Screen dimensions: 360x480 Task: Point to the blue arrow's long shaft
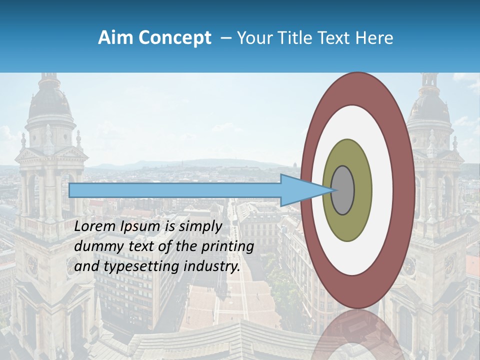[x=175, y=190]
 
